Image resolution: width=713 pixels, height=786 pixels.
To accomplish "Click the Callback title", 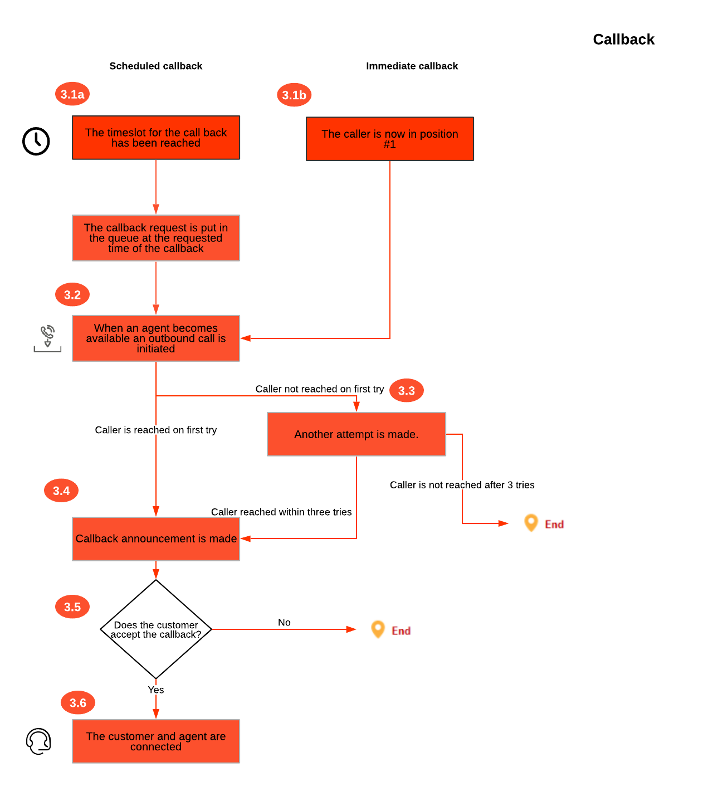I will [623, 40].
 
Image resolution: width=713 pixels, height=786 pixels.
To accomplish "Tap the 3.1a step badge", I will [72, 94].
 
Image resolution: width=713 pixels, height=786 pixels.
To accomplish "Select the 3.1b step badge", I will [294, 95].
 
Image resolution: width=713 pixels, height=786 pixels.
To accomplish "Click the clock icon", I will [36, 141].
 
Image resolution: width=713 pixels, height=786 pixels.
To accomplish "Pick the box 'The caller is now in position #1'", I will [390, 139].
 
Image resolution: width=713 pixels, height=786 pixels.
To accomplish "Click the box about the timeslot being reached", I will [156, 138].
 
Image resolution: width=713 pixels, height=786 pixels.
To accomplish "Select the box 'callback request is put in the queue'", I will [156, 238].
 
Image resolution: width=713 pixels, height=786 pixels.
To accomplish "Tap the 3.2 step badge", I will [72, 295].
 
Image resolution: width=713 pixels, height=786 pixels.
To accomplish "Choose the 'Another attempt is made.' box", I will [356, 434].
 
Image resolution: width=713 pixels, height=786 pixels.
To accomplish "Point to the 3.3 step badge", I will [407, 391].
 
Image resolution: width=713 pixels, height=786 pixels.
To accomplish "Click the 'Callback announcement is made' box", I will [156, 538].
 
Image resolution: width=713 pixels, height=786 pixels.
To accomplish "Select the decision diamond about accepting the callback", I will [156, 629].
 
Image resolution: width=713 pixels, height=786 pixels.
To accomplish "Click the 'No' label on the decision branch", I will [284, 623].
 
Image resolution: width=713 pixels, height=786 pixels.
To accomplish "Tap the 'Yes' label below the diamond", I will [156, 690].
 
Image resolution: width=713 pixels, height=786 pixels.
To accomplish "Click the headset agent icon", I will [38, 741].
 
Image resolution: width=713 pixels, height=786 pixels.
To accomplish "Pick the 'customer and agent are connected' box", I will [156, 741].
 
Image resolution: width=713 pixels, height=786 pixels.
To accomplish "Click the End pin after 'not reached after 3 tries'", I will [531, 523].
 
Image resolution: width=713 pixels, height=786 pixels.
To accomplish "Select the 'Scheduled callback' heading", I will [156, 66].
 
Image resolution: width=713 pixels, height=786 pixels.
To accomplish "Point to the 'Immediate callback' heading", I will [412, 66].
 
